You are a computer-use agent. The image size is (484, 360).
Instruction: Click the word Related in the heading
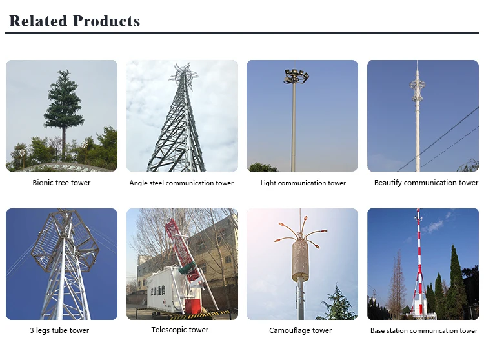[38, 21]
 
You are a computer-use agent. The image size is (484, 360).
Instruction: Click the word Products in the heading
[106, 21]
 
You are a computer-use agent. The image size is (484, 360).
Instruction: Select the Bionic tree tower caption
[61, 183]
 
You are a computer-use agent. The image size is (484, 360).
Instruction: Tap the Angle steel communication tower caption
[181, 183]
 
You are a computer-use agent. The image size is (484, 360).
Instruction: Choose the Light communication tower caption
[303, 183]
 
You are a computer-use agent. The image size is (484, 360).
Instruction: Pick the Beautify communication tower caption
[426, 183]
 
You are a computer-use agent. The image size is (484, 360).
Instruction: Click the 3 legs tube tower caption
[59, 330]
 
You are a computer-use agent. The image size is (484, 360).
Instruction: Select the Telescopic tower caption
[180, 330]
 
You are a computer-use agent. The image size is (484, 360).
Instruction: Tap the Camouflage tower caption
[300, 330]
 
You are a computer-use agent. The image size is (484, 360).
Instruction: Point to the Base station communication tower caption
[424, 331]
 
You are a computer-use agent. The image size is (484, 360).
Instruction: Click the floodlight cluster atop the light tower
[296, 76]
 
